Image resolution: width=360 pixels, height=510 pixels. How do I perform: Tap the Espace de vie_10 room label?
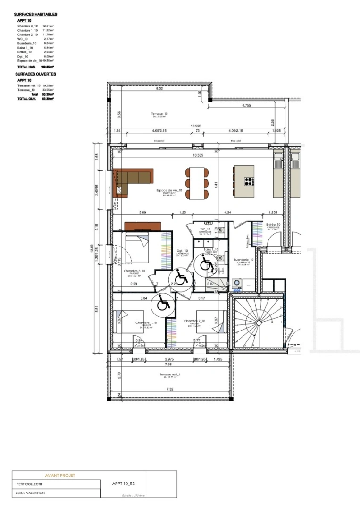point(166,191)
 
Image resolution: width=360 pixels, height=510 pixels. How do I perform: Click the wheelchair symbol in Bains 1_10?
point(206,263)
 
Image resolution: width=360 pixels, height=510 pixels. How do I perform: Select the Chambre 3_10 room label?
point(134,271)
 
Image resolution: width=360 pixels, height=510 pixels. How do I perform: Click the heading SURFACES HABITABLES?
point(35,15)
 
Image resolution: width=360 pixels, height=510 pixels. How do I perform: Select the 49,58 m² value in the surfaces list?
point(48,61)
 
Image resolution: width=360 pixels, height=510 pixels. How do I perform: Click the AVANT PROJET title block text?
point(59,476)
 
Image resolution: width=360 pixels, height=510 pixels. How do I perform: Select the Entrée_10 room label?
point(273,225)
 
